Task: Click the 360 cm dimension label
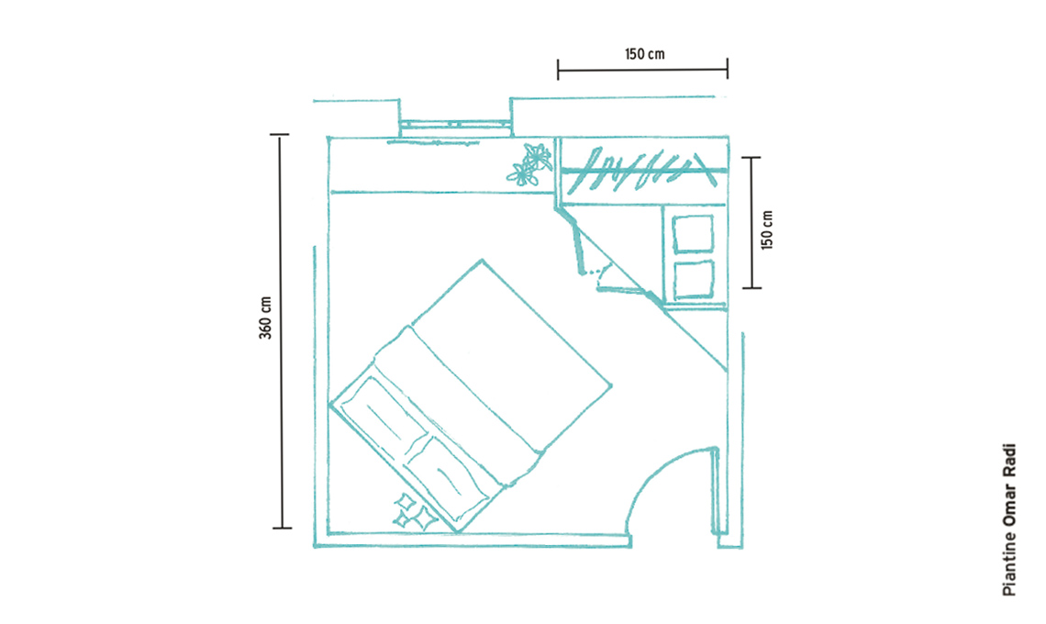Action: pyautogui.click(x=265, y=318)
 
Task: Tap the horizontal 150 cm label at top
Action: pyautogui.click(x=644, y=53)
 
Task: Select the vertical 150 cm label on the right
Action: pyautogui.click(x=767, y=229)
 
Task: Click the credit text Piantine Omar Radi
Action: pyautogui.click(x=1009, y=519)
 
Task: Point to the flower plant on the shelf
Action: pyautogui.click(x=530, y=164)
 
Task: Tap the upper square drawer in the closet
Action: pyautogui.click(x=693, y=234)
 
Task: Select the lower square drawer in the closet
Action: pyautogui.click(x=694, y=280)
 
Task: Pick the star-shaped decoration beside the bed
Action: pyautogui.click(x=414, y=512)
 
